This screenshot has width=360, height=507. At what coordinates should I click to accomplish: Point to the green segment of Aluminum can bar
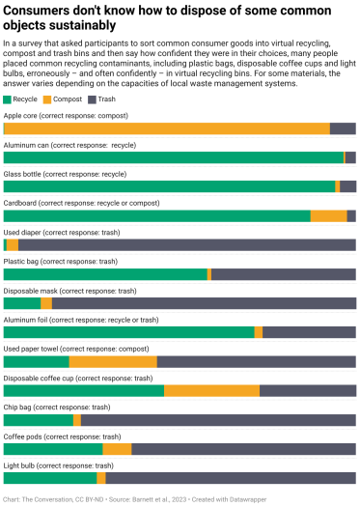[x=174, y=157]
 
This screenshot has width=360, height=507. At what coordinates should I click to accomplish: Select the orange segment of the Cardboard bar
[x=328, y=216]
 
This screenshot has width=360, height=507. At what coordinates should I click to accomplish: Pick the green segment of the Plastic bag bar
[x=105, y=274]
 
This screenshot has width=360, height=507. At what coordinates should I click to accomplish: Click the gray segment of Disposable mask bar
[x=203, y=303]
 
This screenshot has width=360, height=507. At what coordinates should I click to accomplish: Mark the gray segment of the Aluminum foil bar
[x=309, y=332]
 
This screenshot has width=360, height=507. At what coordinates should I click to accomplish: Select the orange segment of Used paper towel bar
[x=113, y=361]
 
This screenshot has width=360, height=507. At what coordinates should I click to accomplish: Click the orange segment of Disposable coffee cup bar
[x=211, y=391]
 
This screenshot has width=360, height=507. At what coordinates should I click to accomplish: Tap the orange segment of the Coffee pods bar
[x=117, y=449]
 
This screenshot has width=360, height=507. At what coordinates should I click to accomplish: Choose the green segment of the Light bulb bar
[x=50, y=478]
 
